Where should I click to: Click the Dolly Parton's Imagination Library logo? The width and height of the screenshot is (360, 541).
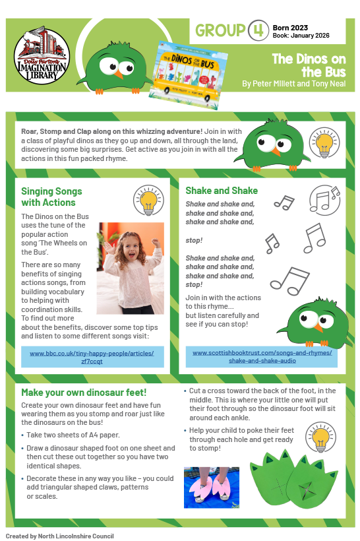click(x=42, y=53)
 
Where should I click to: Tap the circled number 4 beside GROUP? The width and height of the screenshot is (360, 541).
click(x=255, y=31)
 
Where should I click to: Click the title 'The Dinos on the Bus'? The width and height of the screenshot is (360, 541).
click(x=305, y=65)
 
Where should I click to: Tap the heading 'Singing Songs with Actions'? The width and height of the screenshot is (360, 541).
click(x=52, y=197)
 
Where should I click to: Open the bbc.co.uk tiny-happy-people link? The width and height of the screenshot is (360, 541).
click(x=92, y=357)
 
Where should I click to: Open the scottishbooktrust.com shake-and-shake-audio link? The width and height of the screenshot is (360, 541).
click(x=262, y=356)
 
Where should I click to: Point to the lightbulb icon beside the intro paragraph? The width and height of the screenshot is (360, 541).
click(x=324, y=146)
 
